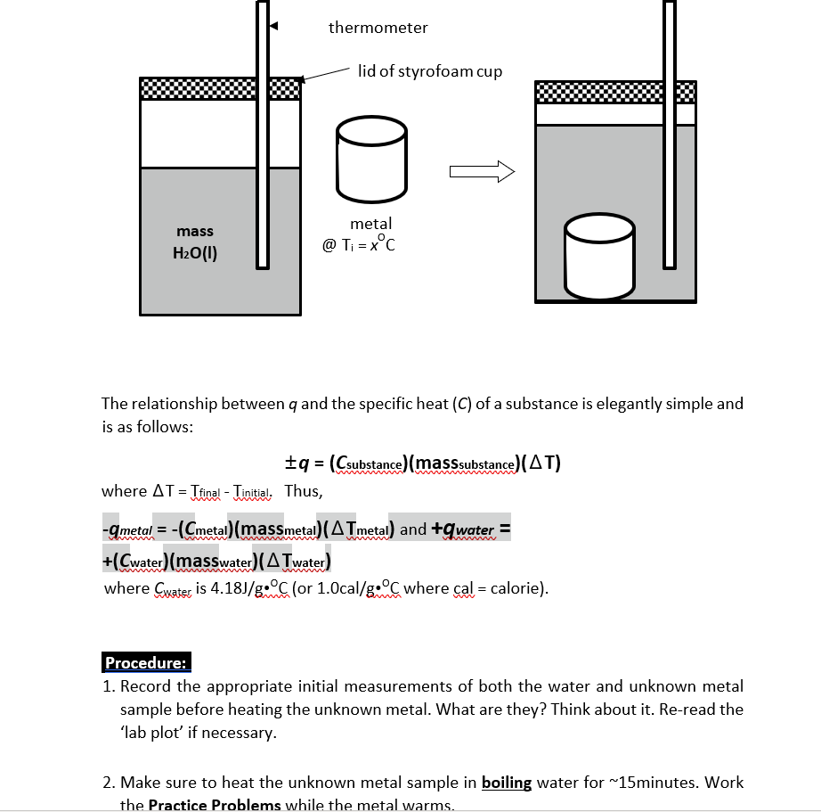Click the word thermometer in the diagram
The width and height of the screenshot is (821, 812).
378,28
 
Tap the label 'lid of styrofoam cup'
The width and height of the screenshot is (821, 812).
429,71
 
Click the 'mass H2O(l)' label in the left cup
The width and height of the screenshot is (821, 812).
195,242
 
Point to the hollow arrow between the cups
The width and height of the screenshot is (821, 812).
482,171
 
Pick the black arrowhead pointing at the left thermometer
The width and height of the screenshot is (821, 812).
275,27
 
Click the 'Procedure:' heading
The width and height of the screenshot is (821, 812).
146,662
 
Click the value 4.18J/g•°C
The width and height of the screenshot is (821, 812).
247,588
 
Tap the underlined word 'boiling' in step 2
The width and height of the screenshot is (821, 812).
506,783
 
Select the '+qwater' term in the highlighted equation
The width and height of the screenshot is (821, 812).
468,529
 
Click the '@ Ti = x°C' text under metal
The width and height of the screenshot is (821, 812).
359,243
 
